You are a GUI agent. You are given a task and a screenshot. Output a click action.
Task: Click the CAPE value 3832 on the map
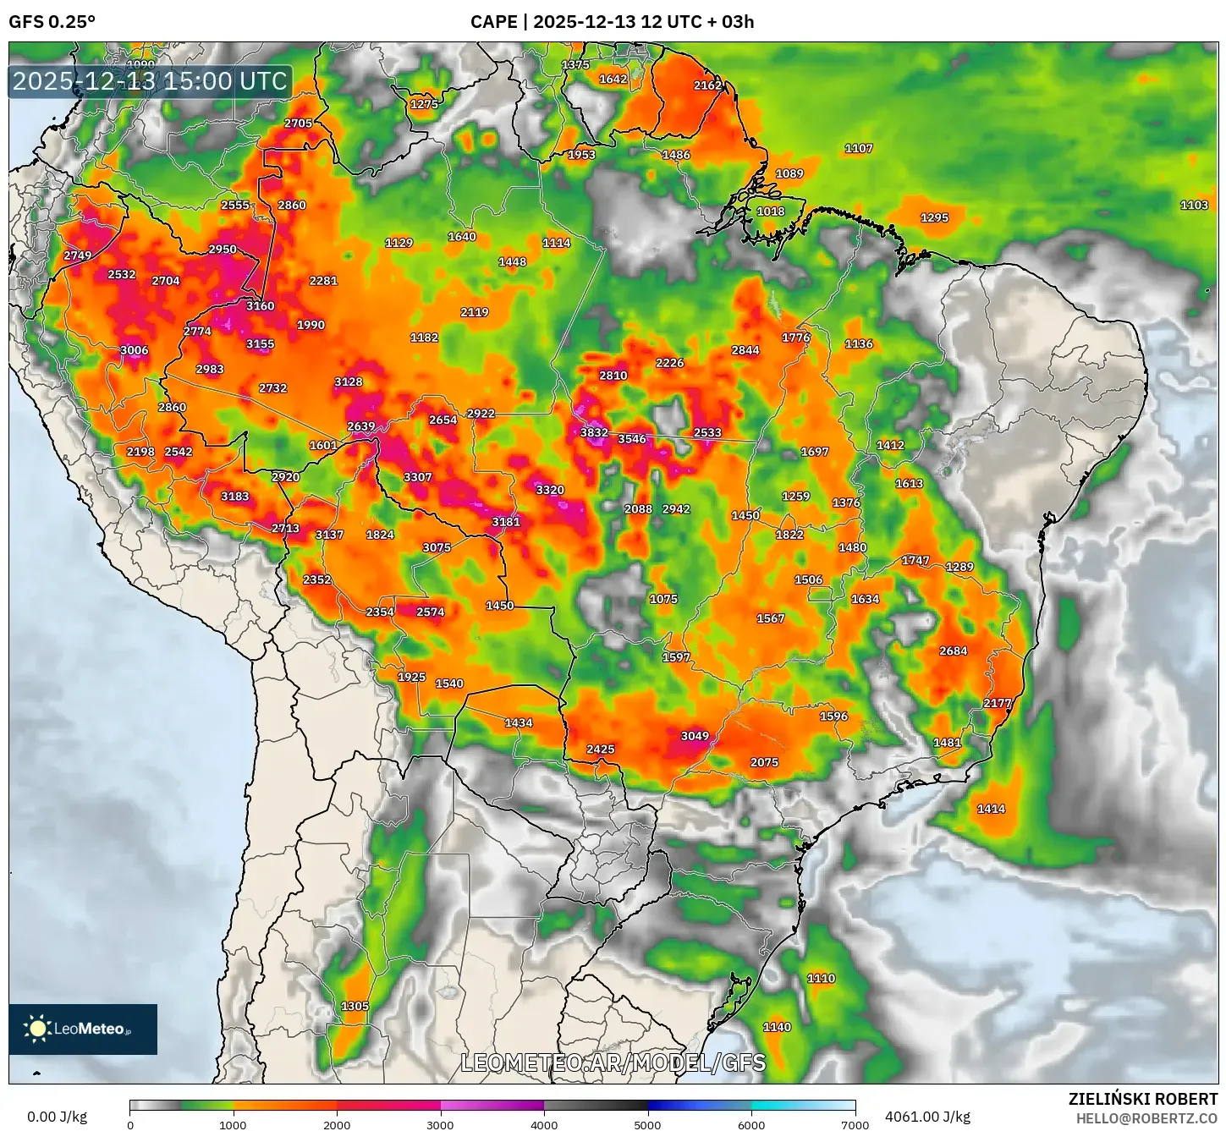(594, 432)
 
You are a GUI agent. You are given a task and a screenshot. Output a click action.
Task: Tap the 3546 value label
(632, 438)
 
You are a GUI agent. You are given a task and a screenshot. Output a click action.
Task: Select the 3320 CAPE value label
(550, 490)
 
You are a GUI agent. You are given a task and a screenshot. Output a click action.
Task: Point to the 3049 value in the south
(695, 736)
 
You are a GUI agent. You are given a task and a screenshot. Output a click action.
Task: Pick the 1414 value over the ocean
(991, 809)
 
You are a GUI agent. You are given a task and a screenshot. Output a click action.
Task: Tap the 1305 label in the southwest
(355, 1006)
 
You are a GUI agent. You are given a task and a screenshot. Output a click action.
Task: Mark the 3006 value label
(134, 350)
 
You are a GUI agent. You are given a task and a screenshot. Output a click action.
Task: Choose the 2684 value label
(953, 651)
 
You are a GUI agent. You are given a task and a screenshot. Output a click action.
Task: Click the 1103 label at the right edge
(1194, 205)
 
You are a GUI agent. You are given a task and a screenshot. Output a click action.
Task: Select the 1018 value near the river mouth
(770, 211)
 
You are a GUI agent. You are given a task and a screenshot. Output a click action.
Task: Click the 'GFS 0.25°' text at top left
(52, 22)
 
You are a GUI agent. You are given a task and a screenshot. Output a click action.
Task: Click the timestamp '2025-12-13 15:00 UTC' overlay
(150, 81)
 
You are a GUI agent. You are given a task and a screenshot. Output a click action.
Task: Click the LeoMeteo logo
(83, 1029)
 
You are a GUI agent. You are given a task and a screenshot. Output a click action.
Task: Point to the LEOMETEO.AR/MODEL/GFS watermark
(613, 1062)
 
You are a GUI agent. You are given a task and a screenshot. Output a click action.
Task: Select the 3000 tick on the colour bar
(440, 1125)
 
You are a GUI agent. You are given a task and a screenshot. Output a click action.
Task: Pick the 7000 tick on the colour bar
(855, 1125)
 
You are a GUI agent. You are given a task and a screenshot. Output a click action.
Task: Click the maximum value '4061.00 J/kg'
(927, 1117)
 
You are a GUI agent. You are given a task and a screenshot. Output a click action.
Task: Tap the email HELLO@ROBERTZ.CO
(1146, 1118)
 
